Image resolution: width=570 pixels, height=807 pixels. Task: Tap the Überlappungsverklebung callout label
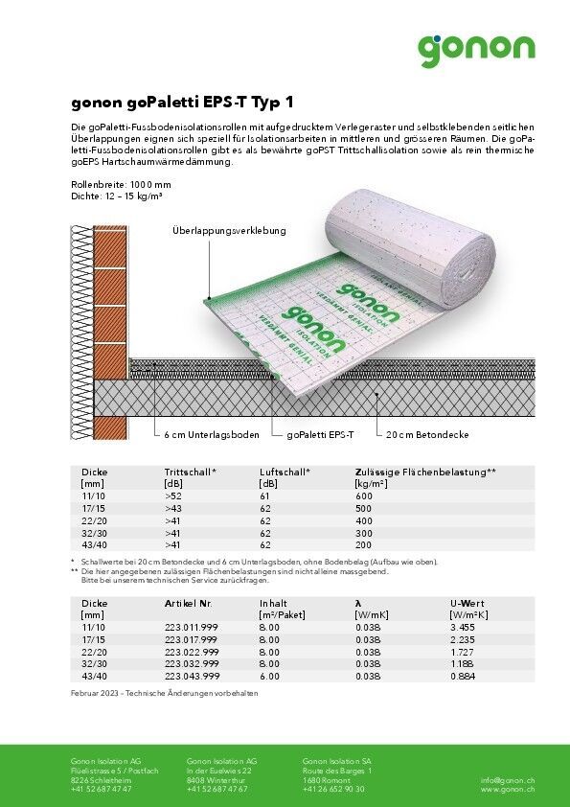[229, 231]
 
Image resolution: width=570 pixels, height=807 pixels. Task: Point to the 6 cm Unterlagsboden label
[211, 434]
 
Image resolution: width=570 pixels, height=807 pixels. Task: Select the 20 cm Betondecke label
[427, 434]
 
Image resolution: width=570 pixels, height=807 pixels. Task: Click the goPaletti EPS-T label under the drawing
[320, 434]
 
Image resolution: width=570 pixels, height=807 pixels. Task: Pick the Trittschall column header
[190, 473]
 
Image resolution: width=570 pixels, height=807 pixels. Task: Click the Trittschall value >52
[172, 496]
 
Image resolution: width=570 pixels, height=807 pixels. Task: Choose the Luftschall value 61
[264, 496]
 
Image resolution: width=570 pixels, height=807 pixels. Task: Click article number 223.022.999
[191, 652]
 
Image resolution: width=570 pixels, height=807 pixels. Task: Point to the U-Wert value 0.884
[462, 675]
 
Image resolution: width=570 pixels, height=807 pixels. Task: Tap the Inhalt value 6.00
[269, 675]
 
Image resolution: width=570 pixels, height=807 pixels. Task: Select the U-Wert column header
[468, 602]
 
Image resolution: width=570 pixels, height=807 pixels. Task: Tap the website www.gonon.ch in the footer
[507, 789]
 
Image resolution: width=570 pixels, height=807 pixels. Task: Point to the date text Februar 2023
[97, 692]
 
